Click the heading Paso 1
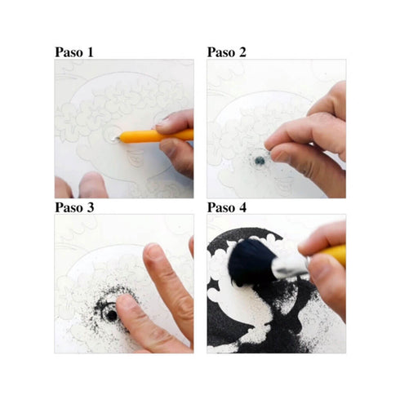coord(74,52)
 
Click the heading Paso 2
coord(226,52)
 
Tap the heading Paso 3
coord(74,207)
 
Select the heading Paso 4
coord(227,207)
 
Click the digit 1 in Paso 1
coord(90,52)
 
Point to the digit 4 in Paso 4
coord(242,207)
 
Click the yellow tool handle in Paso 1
coord(157,136)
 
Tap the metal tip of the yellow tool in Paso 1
coord(116,139)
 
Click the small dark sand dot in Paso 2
coord(260,161)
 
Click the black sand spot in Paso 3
coord(111,315)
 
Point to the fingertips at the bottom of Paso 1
coord(82,185)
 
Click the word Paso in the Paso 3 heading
coord(69,207)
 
